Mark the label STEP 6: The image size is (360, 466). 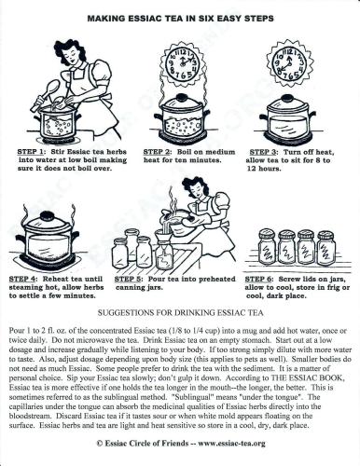pos(265,277)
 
